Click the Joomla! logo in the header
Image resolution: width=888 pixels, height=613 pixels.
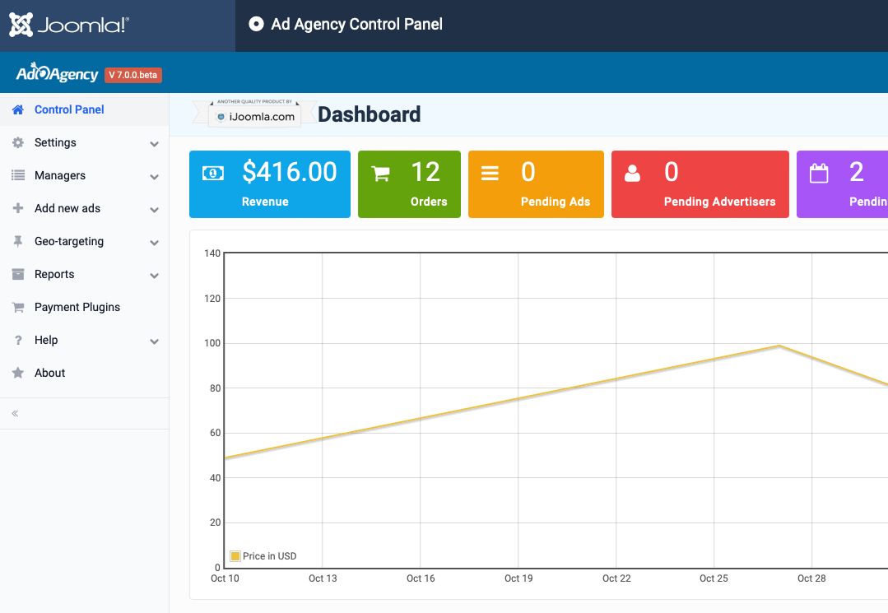coord(69,25)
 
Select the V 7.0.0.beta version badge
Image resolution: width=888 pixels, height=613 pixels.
coord(133,75)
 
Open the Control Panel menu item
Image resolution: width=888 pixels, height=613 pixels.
coord(69,109)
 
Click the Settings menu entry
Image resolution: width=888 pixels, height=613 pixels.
coord(55,142)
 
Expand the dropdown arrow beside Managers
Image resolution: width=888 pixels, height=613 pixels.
coord(154,177)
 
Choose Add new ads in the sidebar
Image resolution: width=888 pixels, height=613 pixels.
coord(67,208)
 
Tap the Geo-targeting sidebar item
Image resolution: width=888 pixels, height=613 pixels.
coord(69,242)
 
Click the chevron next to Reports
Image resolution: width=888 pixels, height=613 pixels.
coord(154,276)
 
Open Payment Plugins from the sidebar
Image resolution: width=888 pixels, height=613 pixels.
coord(77,308)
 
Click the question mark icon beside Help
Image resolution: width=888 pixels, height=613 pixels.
coord(18,340)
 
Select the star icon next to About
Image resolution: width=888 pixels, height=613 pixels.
coord(18,373)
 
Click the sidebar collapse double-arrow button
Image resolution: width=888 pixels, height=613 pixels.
coord(16,414)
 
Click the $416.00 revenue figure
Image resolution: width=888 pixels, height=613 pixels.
coord(290,171)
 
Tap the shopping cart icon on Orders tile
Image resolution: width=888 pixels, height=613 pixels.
coord(380,173)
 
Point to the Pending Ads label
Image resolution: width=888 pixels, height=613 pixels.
coord(556,202)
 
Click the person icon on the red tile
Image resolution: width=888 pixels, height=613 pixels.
coord(632,173)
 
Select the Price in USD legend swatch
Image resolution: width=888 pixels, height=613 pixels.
coord(235,556)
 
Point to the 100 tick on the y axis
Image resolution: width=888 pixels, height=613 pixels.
coord(212,343)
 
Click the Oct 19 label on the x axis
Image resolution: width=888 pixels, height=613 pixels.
coord(518,578)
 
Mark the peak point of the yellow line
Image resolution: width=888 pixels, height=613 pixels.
coord(779,346)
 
